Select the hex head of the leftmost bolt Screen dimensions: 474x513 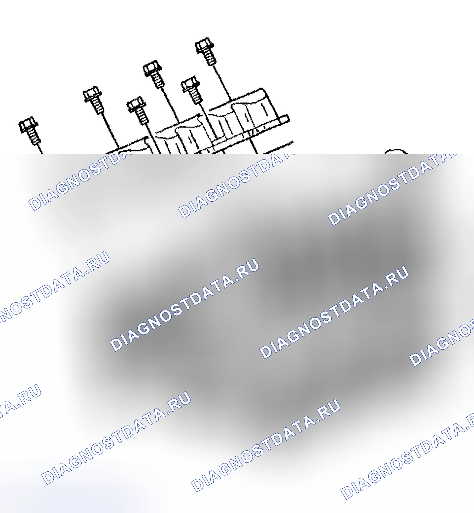pos(28,125)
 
